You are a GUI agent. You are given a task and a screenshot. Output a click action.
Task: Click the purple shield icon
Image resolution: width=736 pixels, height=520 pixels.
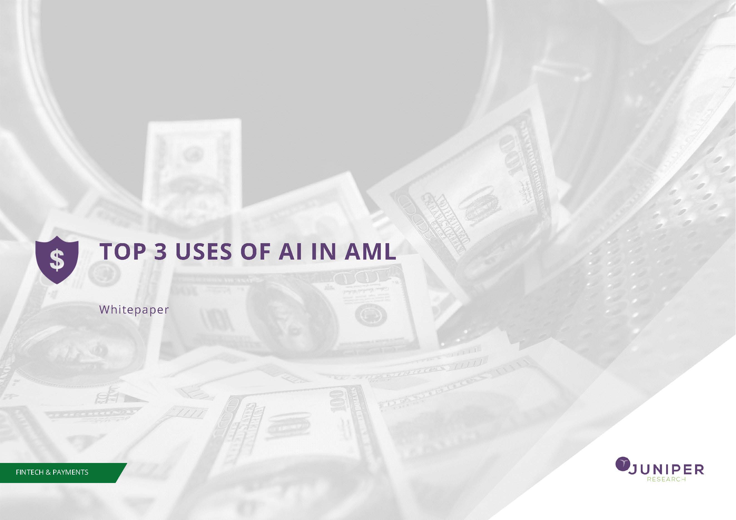[x=57, y=260]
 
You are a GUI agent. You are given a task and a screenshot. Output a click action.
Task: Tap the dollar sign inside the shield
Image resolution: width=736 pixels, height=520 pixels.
[x=57, y=260]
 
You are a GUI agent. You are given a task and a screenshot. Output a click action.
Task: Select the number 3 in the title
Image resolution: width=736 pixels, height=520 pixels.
[x=161, y=251]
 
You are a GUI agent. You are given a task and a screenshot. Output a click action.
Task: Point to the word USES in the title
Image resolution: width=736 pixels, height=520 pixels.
[x=203, y=251]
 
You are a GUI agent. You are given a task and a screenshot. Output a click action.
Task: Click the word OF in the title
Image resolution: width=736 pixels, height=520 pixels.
[x=256, y=251]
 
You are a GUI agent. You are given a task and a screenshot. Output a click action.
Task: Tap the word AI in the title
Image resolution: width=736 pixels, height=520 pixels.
[x=290, y=251]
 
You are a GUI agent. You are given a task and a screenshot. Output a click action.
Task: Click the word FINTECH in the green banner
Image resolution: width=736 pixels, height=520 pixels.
[x=29, y=472]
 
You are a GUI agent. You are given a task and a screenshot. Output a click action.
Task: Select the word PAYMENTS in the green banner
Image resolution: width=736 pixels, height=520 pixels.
[x=70, y=472]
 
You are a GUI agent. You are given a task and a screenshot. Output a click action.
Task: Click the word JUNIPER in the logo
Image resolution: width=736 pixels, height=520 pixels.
[x=666, y=470]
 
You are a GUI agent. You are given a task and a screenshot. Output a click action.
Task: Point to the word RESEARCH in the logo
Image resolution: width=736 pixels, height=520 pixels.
[x=666, y=480]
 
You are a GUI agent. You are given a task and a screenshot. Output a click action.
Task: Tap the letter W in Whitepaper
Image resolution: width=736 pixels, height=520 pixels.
[x=104, y=309]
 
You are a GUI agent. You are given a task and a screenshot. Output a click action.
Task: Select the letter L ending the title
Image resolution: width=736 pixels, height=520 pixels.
[x=390, y=251]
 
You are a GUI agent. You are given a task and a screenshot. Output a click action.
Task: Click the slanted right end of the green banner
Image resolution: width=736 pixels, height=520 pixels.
[x=121, y=473]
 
